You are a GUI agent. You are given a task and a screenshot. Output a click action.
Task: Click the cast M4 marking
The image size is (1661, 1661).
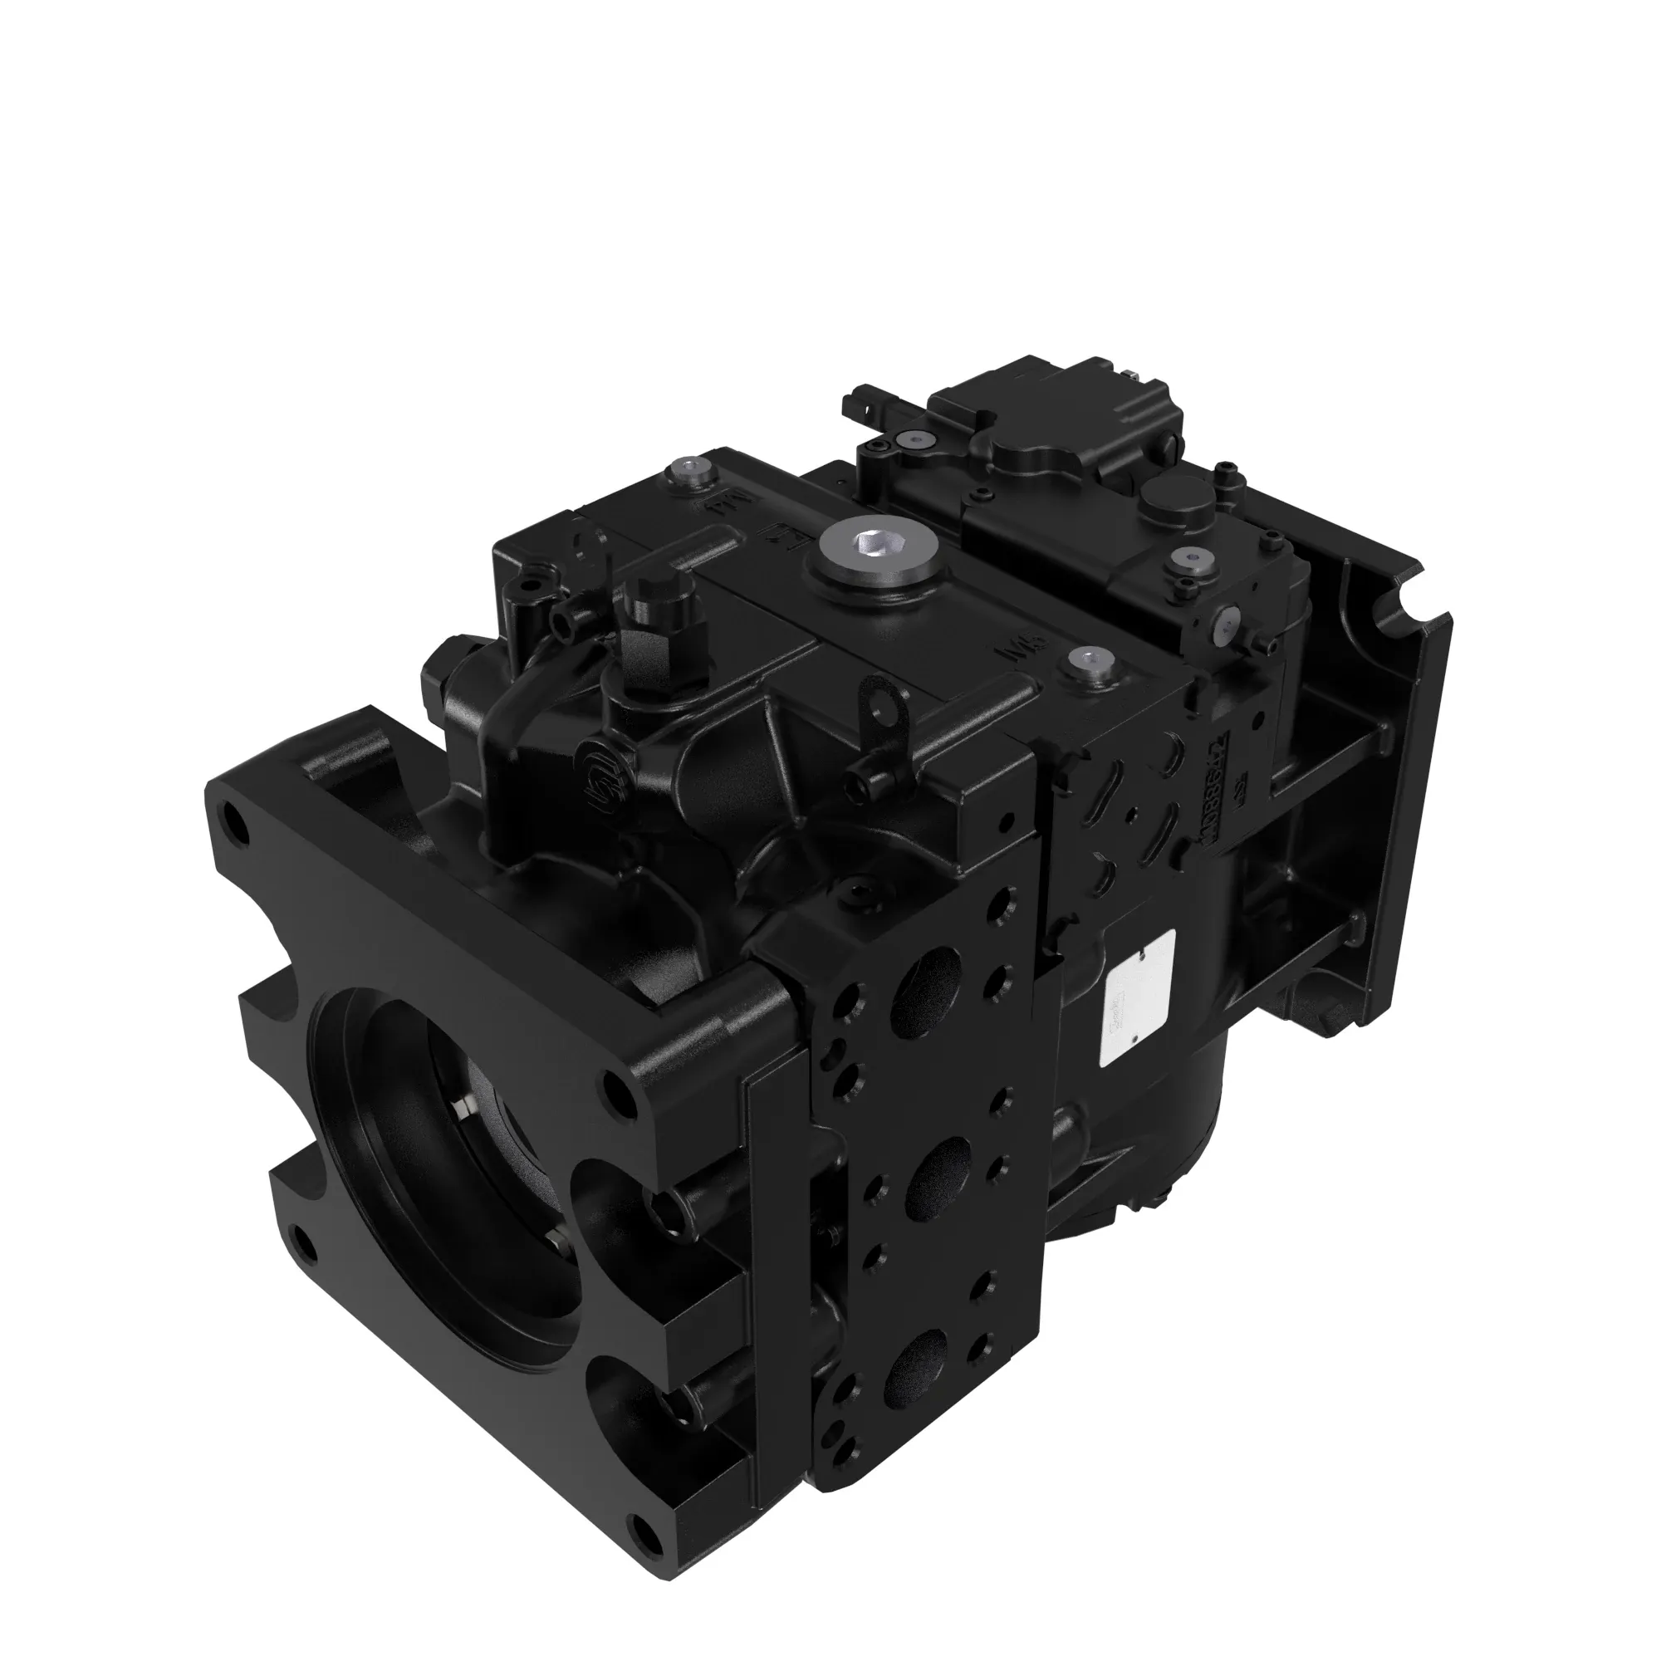point(723,504)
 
